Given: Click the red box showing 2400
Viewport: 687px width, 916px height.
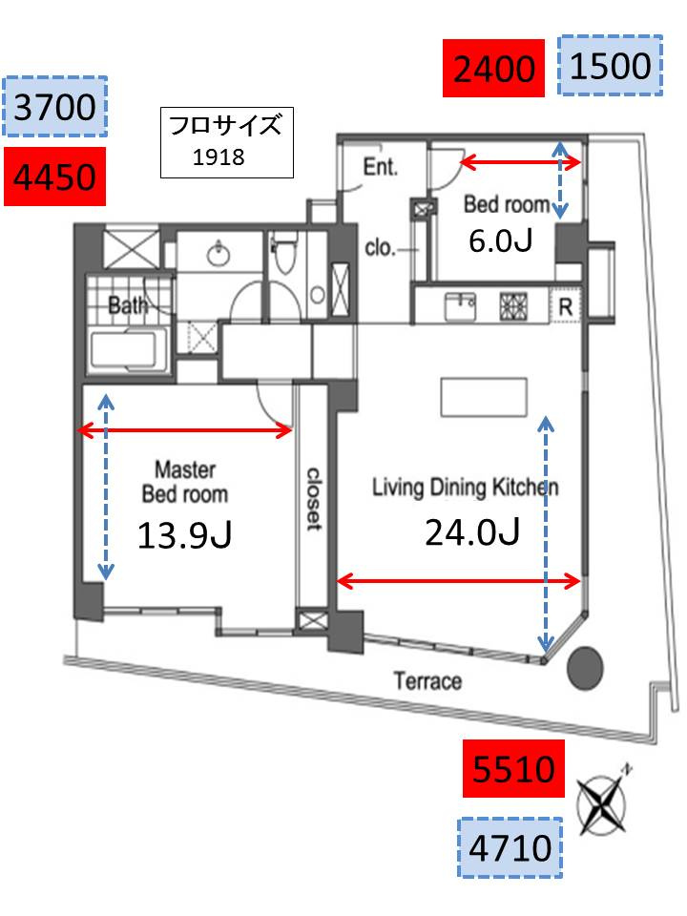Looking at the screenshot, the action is tap(493, 68).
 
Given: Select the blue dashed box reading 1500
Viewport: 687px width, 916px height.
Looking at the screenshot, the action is tap(610, 66).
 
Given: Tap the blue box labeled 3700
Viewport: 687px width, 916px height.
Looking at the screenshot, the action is tap(55, 106).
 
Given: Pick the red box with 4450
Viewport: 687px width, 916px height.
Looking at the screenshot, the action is tap(55, 177).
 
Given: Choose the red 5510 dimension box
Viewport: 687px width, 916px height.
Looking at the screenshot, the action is tap(513, 768).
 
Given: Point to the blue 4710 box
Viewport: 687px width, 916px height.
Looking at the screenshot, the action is tap(510, 847).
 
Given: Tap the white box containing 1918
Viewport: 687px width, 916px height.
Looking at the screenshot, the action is tap(227, 142).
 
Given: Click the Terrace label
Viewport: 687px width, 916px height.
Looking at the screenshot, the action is tap(427, 681).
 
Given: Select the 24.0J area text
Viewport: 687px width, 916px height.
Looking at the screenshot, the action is tap(472, 532).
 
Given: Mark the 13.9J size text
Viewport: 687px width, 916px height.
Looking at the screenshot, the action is tap(184, 535).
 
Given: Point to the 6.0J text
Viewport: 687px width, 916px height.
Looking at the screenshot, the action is tap(501, 240).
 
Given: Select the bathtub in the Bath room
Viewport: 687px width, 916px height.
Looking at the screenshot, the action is tap(130, 350).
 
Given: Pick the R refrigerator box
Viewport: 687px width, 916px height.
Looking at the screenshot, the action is tap(565, 306).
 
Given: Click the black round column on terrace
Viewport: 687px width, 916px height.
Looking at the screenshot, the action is tap(585, 669).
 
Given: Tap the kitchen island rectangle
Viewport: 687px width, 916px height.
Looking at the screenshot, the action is tap(484, 397).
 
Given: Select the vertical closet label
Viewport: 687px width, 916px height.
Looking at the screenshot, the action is tap(314, 498).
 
